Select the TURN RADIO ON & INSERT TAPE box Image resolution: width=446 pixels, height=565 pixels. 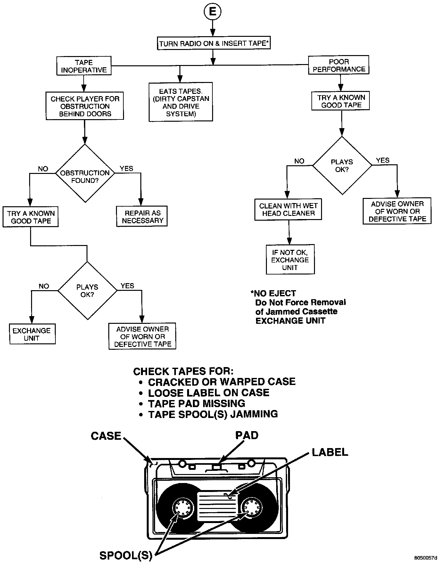pos(214,43)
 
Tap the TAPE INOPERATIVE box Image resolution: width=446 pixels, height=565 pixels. pos(84,66)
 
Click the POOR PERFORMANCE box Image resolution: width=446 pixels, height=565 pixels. pos(339,65)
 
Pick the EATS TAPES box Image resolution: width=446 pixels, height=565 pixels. pos(181,102)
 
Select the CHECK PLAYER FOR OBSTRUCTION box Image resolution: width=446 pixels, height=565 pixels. pos(85,106)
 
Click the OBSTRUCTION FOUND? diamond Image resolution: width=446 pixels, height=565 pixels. pos(85,173)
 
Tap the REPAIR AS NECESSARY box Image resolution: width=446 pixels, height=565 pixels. pos(142,217)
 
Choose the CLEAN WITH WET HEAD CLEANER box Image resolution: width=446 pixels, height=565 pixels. pos(288,209)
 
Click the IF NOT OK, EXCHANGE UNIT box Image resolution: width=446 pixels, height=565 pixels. pos(290,260)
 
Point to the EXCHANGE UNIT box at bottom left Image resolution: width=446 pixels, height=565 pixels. pos(32,334)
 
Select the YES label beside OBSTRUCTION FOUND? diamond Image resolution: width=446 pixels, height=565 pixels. pos(127,168)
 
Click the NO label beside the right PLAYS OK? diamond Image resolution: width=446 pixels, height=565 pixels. pos(299,161)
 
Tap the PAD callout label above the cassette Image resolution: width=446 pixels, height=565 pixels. pos(247,435)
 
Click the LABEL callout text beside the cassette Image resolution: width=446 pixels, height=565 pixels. pos(330,452)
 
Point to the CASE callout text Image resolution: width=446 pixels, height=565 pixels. pos(106,436)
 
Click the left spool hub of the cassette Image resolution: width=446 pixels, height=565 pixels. pos(183,507)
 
